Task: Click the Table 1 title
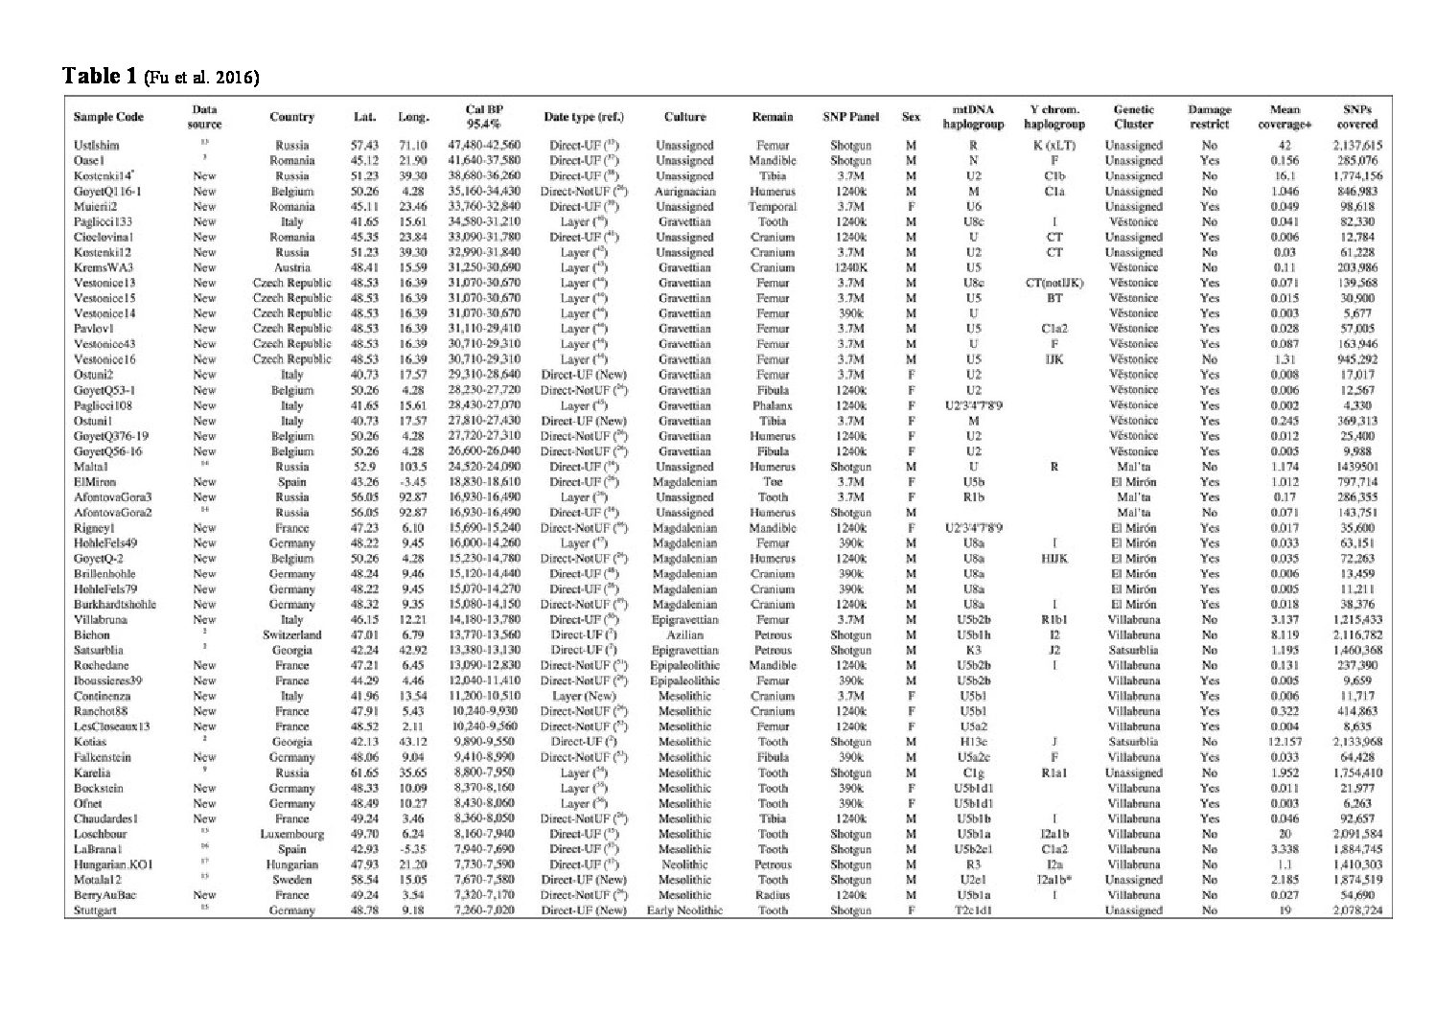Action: pyautogui.click(x=100, y=76)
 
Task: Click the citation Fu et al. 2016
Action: pyautogui.click(x=201, y=78)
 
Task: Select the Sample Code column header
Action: pyautogui.click(x=108, y=117)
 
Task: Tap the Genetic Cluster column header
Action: pyautogui.click(x=1133, y=117)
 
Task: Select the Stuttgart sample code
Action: pyautogui.click(x=95, y=910)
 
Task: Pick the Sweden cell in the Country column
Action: pyautogui.click(x=291, y=880)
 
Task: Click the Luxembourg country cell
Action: pyautogui.click(x=291, y=834)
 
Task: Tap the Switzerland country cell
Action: pyautogui.click(x=291, y=635)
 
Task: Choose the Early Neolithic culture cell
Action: pyautogui.click(x=684, y=910)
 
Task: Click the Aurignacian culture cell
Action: pyautogui.click(x=685, y=192)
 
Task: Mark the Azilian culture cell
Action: pyautogui.click(x=685, y=635)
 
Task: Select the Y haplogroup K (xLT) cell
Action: pyautogui.click(x=1053, y=146)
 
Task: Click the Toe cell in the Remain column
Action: pyautogui.click(x=773, y=482)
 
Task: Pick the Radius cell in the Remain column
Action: pyautogui.click(x=773, y=895)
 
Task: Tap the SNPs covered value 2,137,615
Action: pyautogui.click(x=1358, y=146)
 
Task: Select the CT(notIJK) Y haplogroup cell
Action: pyautogui.click(x=1053, y=283)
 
